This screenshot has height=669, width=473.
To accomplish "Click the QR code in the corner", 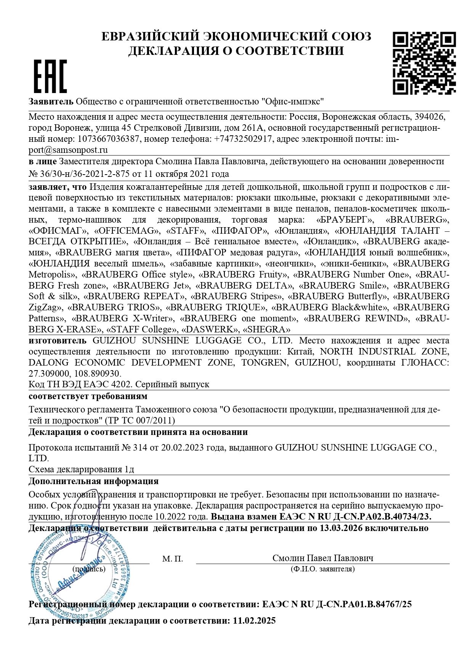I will click(424, 63).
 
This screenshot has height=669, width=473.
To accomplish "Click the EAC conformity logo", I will click(50, 76).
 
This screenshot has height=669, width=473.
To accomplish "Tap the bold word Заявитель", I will click(51, 102).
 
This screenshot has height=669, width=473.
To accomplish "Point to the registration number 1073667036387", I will click(109, 139).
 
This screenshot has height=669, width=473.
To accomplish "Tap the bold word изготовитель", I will click(58, 340).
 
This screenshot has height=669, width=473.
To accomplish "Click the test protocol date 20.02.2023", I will click(183, 447).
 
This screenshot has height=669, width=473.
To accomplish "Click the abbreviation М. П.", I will click(172, 559).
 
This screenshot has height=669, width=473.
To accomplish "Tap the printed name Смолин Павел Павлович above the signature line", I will click(322, 558).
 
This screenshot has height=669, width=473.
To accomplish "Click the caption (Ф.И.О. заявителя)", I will click(322, 569).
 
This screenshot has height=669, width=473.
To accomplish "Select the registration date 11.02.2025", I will click(253, 621).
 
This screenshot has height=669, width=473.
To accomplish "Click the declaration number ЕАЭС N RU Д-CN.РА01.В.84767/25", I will click(337, 604).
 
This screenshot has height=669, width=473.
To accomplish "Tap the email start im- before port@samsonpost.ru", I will click(393, 139).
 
